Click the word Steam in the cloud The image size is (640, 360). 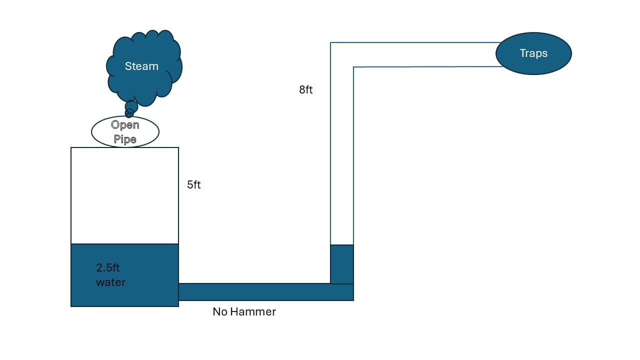click(x=141, y=66)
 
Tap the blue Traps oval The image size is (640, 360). click(x=533, y=53)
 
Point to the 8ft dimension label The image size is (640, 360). click(x=306, y=90)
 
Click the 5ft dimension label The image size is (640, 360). click(x=194, y=184)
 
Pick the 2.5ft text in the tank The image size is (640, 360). click(x=108, y=268)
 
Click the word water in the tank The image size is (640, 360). click(x=110, y=282)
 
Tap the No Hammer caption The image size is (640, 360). click(x=244, y=312)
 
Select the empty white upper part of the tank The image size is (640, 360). click(x=124, y=195)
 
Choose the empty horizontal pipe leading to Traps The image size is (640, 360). click(x=425, y=54)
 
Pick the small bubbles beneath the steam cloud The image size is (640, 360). click(x=130, y=108)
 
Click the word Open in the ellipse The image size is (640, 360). click(x=125, y=125)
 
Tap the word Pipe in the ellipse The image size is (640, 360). click(x=125, y=139)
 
